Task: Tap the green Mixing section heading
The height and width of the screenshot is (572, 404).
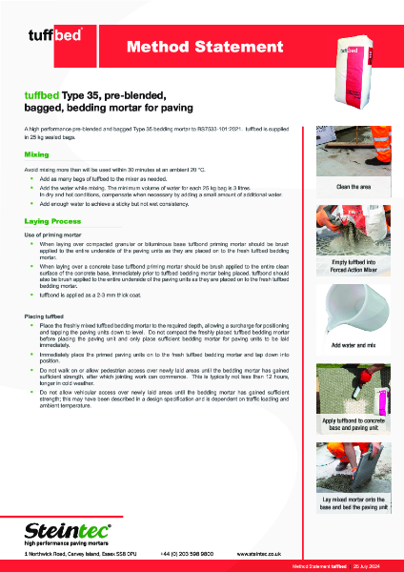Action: point(38,153)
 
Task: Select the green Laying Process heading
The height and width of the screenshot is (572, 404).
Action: point(53,220)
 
